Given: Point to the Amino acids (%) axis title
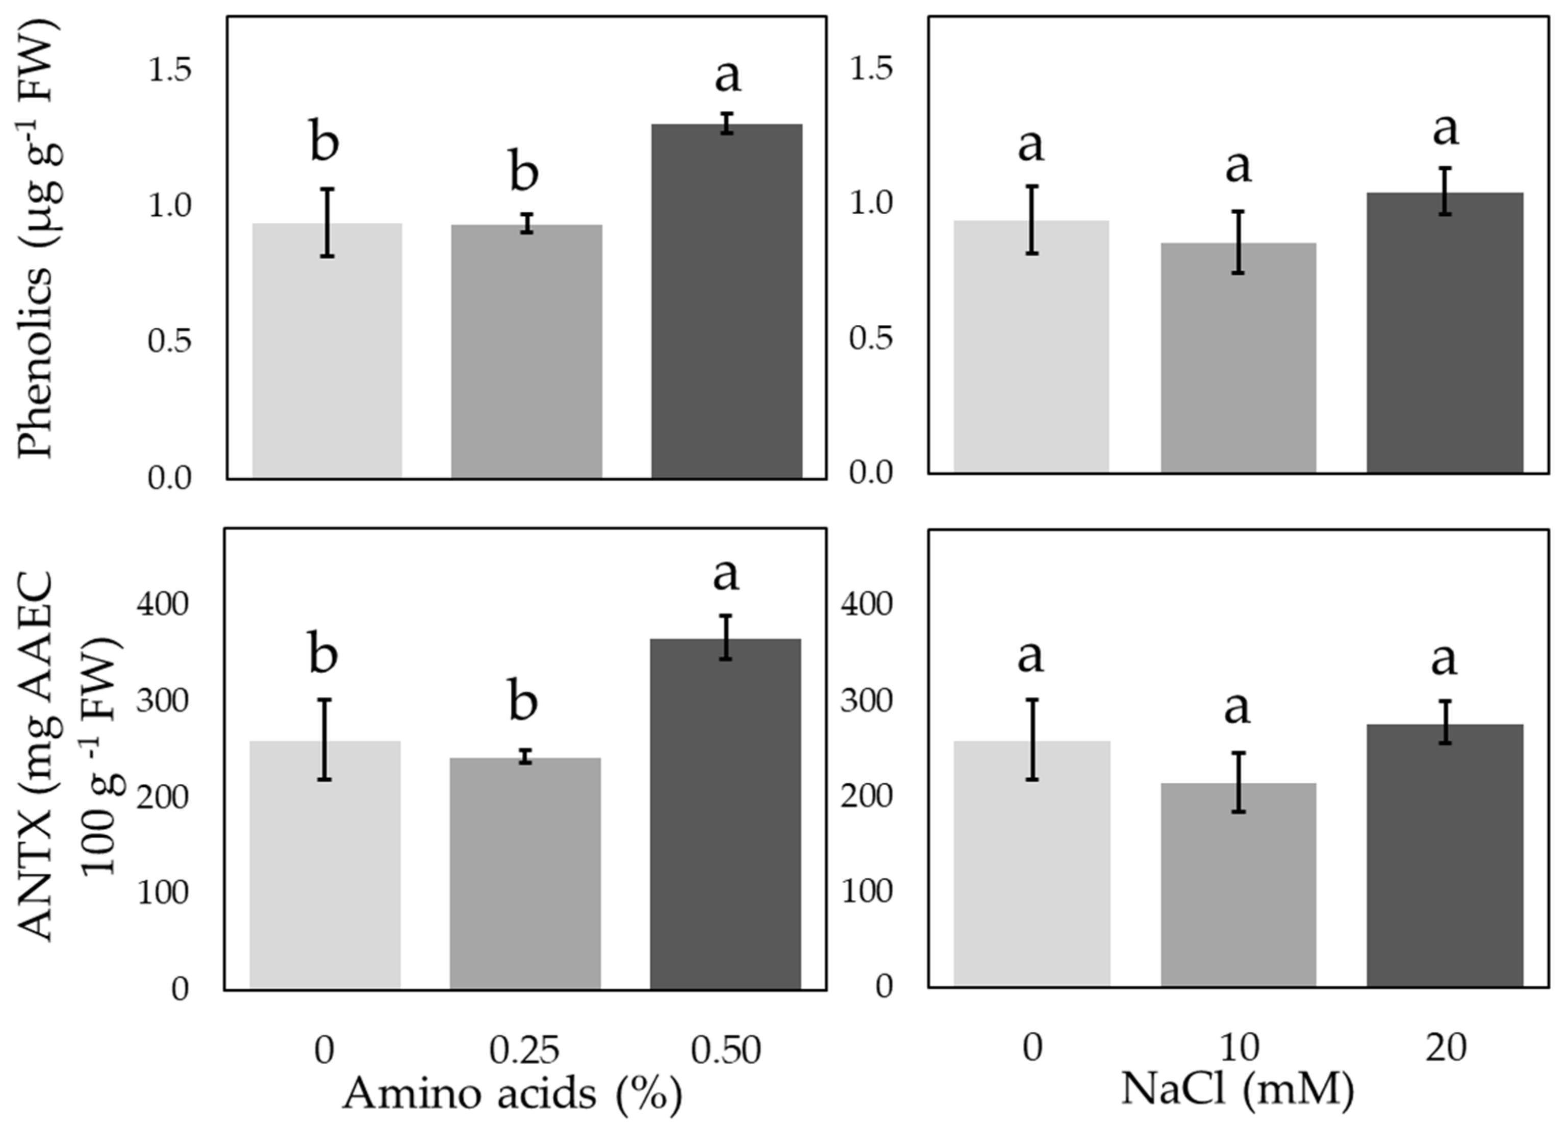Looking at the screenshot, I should coord(512,1093).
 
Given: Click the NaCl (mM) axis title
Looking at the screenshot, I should coord(1238,1089).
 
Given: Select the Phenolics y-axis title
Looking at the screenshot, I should coord(36,238).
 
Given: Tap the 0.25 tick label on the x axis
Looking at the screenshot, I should coord(524,1050).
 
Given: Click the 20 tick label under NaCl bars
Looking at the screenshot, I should coord(1445,1048).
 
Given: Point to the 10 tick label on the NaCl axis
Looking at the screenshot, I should coord(1240,1048).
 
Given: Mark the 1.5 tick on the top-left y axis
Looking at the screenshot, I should coord(169,70).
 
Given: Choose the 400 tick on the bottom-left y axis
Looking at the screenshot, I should coord(162,605).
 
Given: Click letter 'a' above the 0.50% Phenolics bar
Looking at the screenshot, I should coord(727,76).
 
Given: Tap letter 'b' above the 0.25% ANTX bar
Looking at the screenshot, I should coord(523,700).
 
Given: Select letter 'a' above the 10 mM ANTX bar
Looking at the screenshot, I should coord(1237,708).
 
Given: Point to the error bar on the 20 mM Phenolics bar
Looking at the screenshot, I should coord(1445,191).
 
